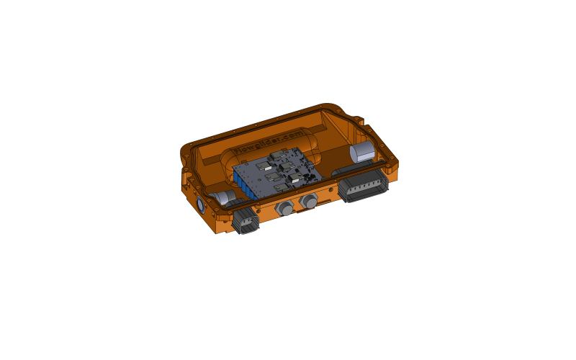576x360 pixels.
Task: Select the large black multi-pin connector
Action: click(x=363, y=187)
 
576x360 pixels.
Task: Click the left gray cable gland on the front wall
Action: click(x=284, y=208)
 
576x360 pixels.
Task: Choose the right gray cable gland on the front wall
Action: click(x=310, y=202)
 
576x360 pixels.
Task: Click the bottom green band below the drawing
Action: click(x=288, y=336)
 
